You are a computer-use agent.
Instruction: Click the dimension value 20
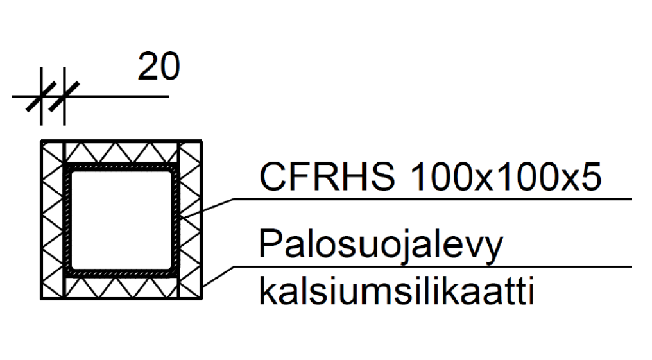pos(159,67)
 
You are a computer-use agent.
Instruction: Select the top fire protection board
pos(121,153)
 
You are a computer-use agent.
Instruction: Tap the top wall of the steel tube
pos(121,167)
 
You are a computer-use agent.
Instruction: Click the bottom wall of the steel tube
pos(121,273)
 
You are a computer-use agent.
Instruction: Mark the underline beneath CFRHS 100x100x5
pos(430,199)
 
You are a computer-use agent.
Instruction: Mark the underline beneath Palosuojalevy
pos(430,266)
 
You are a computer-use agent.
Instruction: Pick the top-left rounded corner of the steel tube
pos(68,169)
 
